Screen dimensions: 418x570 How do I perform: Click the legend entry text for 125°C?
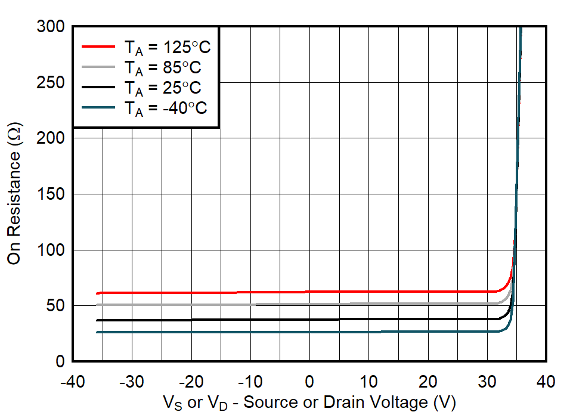pos(167,47)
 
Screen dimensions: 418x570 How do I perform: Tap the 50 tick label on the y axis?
pos(58,305)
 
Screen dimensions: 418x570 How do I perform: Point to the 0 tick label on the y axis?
pos(61,361)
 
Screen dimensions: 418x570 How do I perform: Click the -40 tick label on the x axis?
pos(73,381)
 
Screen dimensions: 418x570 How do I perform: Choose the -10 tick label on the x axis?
pos(250,381)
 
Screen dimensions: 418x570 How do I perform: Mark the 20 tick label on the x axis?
pos(428,381)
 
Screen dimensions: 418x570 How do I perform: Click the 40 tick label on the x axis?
pos(546,381)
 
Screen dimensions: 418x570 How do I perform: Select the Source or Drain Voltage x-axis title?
pos(309,402)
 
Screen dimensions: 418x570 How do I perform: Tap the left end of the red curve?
pos(97,293)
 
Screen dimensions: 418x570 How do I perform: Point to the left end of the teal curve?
pos(97,332)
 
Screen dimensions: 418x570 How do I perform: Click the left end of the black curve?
pos(97,320)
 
